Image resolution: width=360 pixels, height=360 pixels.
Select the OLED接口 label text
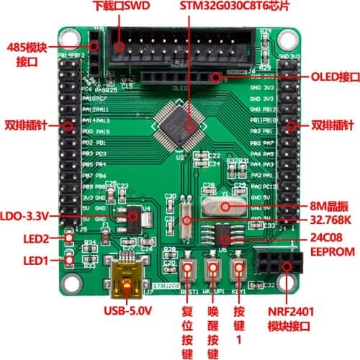(x=334, y=76)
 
